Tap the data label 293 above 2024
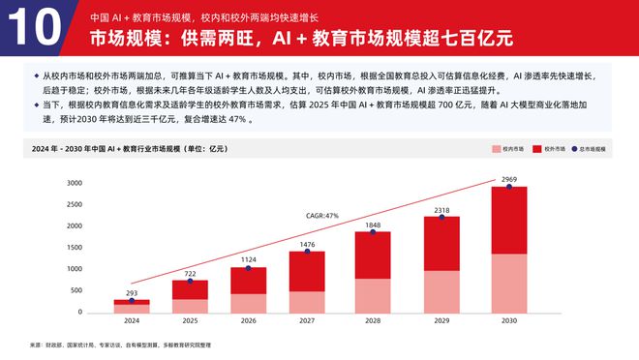click(x=132, y=293)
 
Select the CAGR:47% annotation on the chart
click(x=322, y=215)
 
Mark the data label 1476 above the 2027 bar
click(x=308, y=244)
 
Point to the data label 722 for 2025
click(x=191, y=273)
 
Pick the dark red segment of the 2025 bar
click(x=191, y=289)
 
